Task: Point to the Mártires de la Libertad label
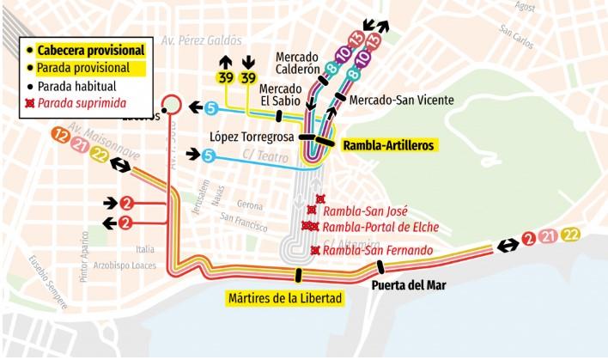point(286,299)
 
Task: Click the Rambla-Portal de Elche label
point(380,227)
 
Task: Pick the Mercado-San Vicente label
point(402,100)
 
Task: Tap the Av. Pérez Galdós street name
point(199,40)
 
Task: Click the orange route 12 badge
point(60,135)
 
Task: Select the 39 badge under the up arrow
point(225,79)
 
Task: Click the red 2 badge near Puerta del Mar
point(529,239)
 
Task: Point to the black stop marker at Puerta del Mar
point(379,266)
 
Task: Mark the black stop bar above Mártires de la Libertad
point(299,275)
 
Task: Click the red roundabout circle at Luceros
point(172,104)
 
